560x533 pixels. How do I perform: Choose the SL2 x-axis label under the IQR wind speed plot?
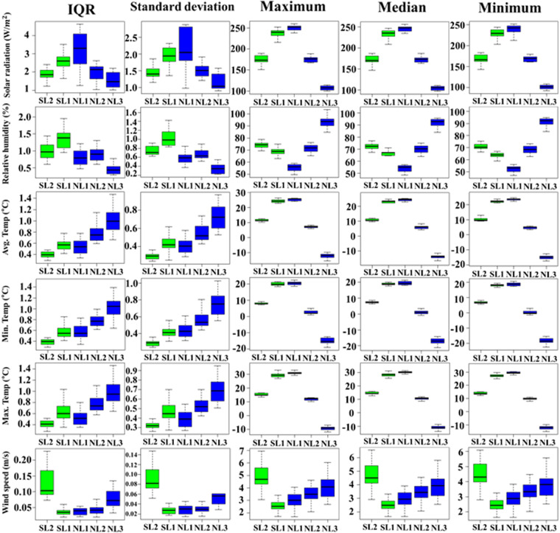(x=47, y=526)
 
